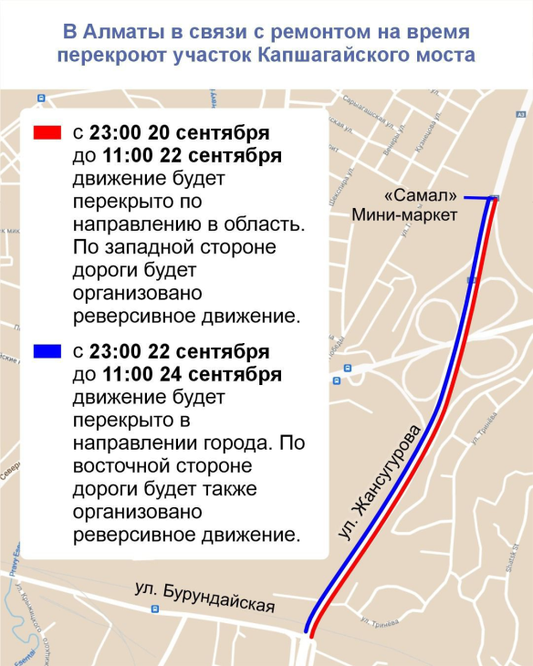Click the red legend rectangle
[47, 132]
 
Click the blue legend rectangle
[47, 350]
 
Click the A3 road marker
[520, 115]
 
